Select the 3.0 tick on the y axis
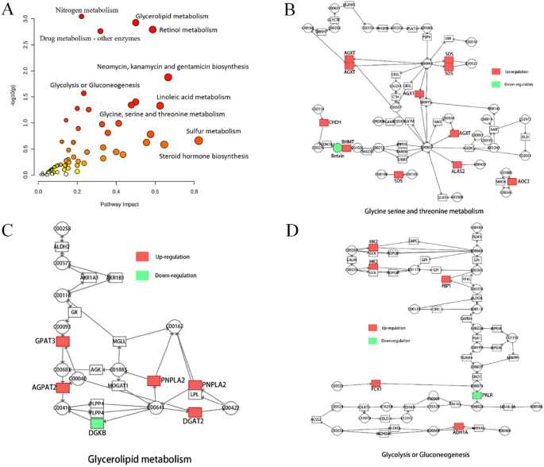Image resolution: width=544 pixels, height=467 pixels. [x=27, y=18]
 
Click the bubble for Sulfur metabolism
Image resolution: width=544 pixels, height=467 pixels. [x=199, y=141]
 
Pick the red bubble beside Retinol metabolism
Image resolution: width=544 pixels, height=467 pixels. [x=152, y=30]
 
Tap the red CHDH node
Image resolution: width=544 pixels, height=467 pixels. [x=324, y=122]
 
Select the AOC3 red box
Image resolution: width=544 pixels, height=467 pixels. [x=512, y=181]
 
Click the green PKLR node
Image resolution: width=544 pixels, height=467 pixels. [x=476, y=395]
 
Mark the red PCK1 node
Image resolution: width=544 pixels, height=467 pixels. [x=376, y=384]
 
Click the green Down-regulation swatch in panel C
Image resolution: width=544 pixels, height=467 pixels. [x=143, y=275]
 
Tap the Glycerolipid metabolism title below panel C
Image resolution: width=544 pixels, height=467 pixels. [x=129, y=458]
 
